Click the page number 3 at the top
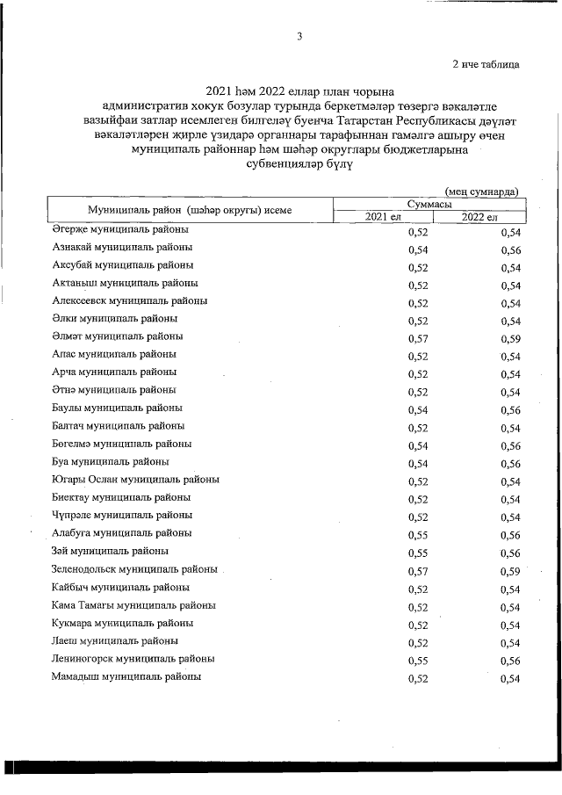tap(299, 36)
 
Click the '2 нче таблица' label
tap(485, 64)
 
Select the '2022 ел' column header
tap(479, 217)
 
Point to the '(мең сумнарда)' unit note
tap(480, 191)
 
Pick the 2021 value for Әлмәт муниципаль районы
tap(418, 338)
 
